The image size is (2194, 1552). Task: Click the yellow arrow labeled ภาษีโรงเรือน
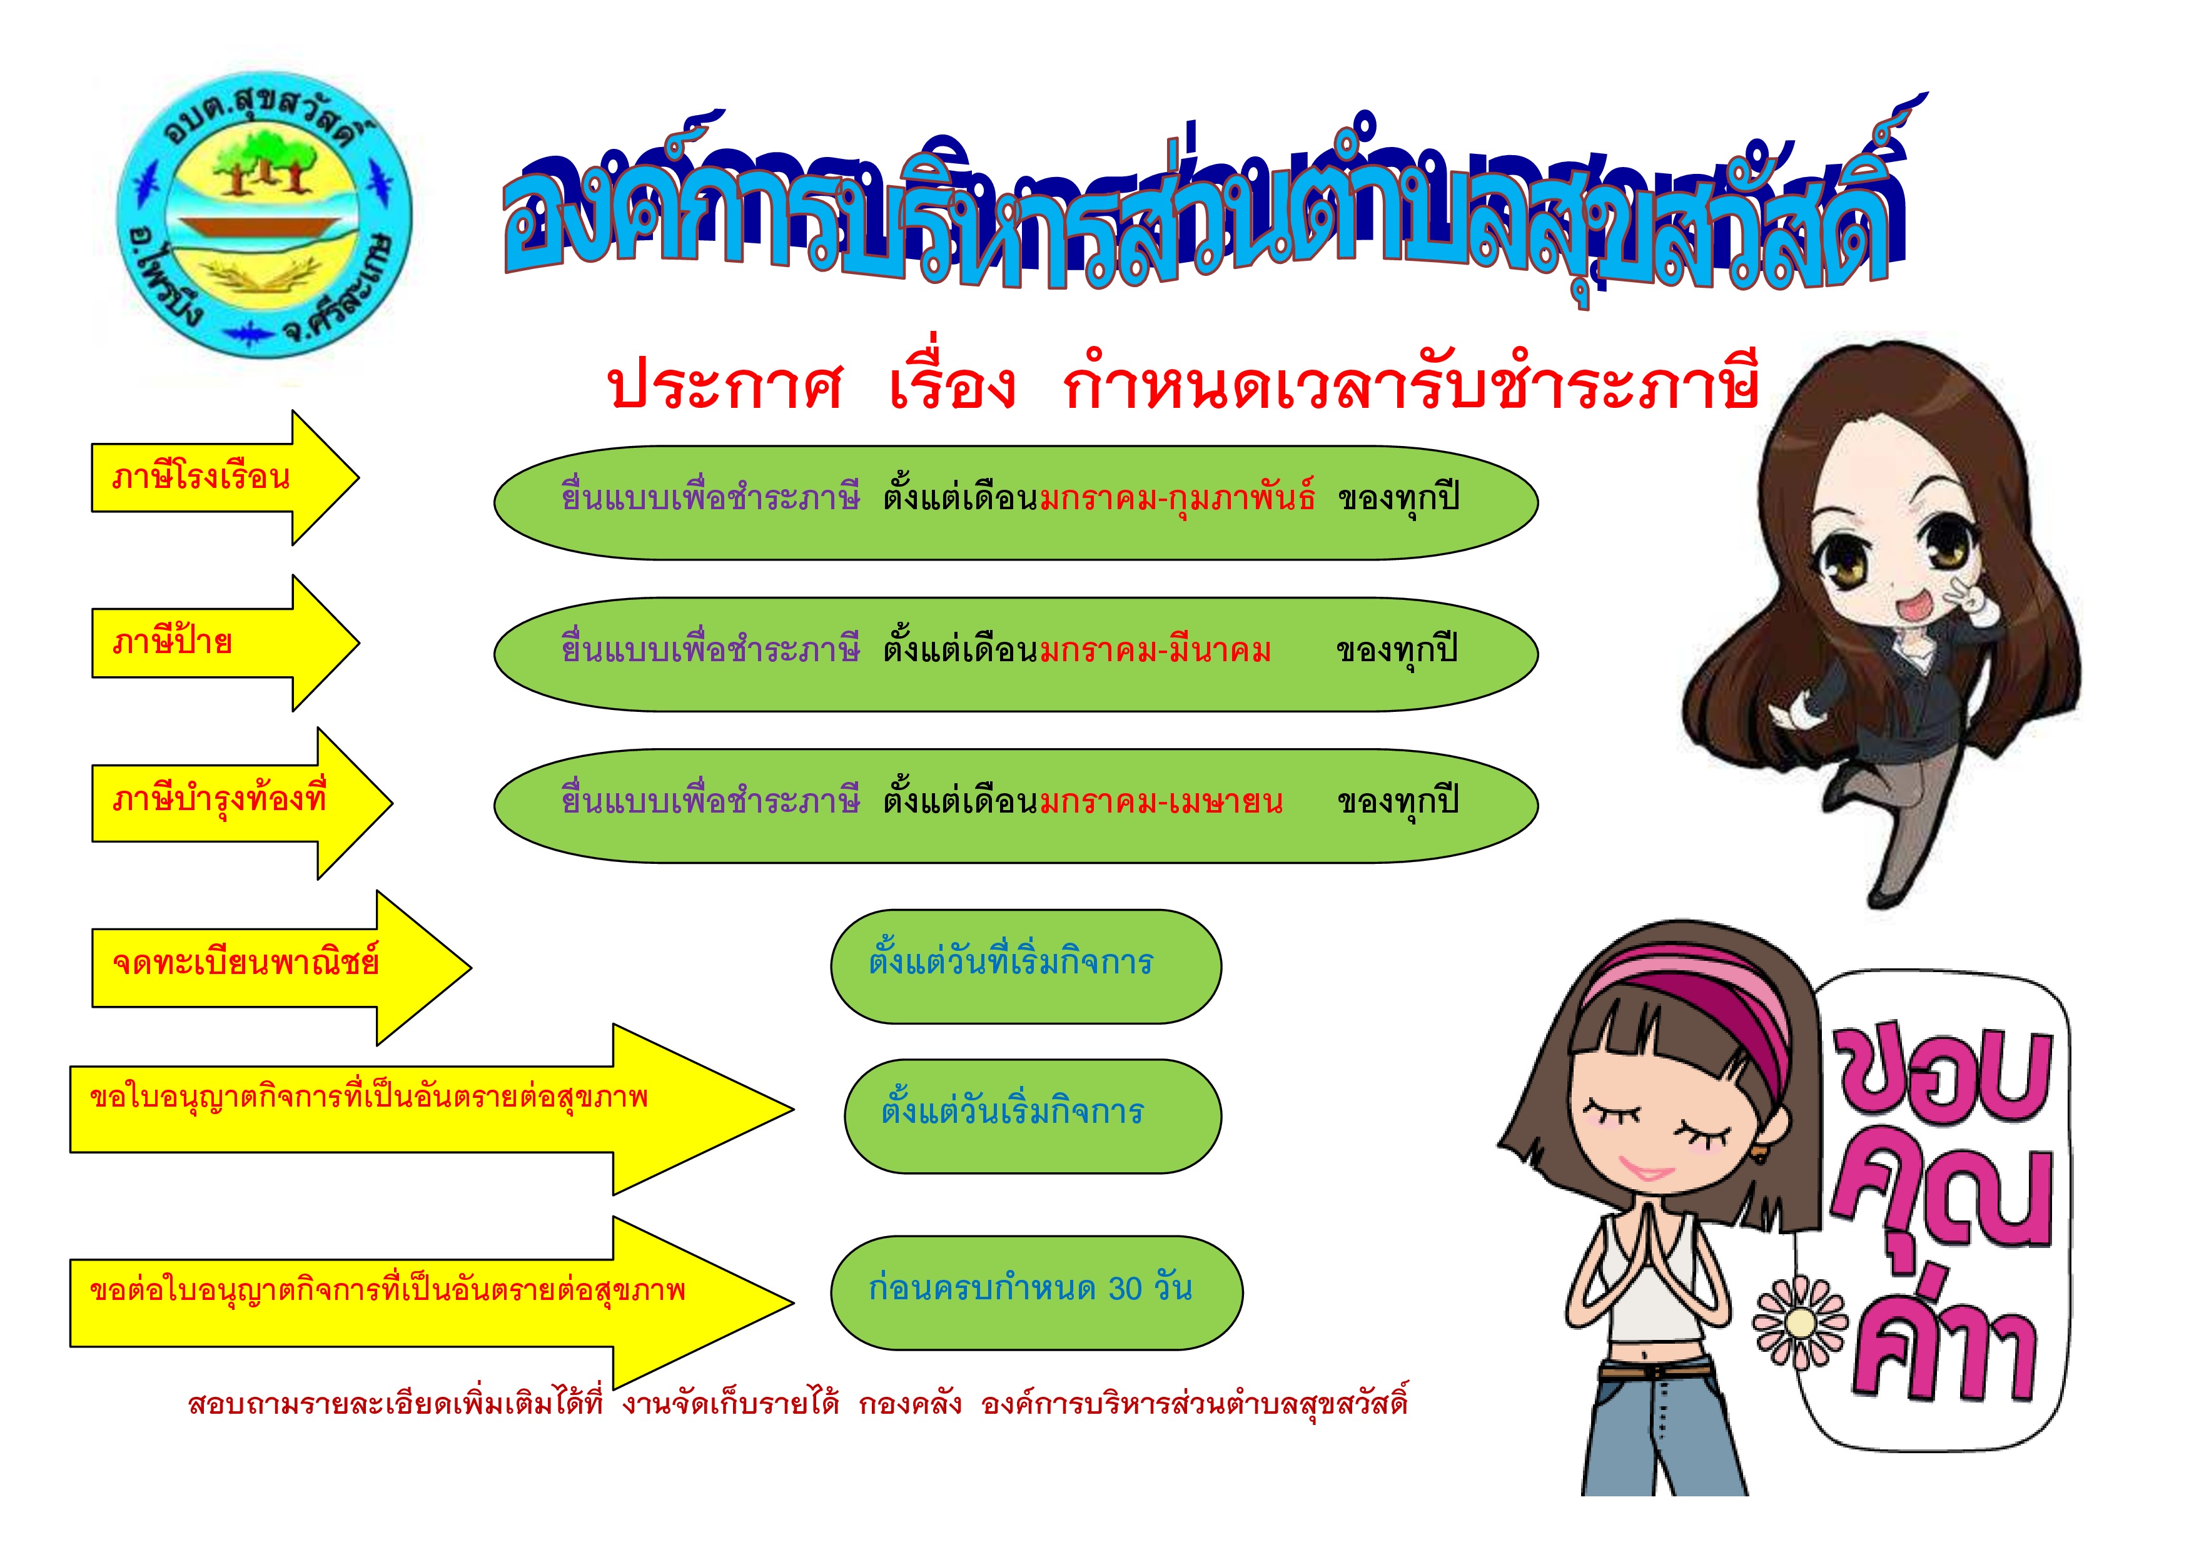[x=225, y=478]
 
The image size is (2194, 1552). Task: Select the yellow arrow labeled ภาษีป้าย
[x=225, y=643]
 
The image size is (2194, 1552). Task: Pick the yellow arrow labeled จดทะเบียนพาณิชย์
[x=281, y=967]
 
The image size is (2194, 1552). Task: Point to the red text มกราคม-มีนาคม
[x=1155, y=651]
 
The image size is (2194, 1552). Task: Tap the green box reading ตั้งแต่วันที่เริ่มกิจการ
[x=1025, y=966]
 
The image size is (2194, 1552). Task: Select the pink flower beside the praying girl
[x=1801, y=1322]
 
